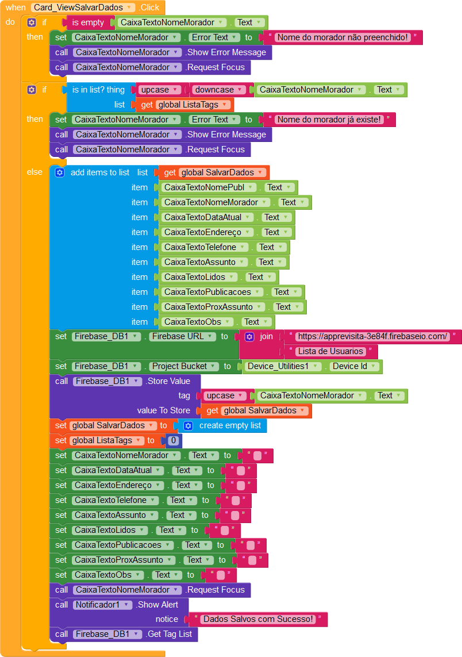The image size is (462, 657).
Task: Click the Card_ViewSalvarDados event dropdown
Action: [x=83, y=7]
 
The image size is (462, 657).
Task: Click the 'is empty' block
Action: [x=88, y=22]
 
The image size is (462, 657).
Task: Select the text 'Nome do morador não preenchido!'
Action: [x=342, y=37]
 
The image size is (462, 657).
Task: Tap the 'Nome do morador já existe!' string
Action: [x=329, y=120]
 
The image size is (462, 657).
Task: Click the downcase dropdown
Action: [x=219, y=90]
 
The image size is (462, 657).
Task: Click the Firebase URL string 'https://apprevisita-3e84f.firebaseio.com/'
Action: [x=373, y=336]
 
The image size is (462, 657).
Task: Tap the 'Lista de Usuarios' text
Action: [x=330, y=351]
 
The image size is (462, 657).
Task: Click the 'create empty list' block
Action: [x=229, y=425]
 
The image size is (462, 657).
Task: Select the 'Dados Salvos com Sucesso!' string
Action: [x=259, y=619]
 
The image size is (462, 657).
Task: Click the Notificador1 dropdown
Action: [x=102, y=605]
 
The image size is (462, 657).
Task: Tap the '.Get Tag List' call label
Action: [x=171, y=634]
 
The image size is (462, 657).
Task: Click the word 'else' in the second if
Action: [x=34, y=172]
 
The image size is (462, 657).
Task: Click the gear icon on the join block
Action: [x=249, y=336]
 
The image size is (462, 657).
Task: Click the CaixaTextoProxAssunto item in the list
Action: [x=215, y=307]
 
